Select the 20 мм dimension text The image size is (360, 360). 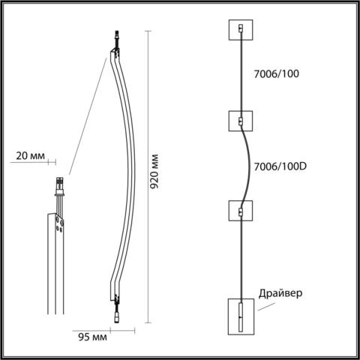[30, 157]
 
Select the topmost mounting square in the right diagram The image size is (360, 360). [240, 29]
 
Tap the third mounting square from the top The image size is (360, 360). [240, 211]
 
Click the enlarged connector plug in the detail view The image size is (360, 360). [58, 184]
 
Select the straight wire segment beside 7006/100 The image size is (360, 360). [240, 75]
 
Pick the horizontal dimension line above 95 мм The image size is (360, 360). [103, 328]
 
